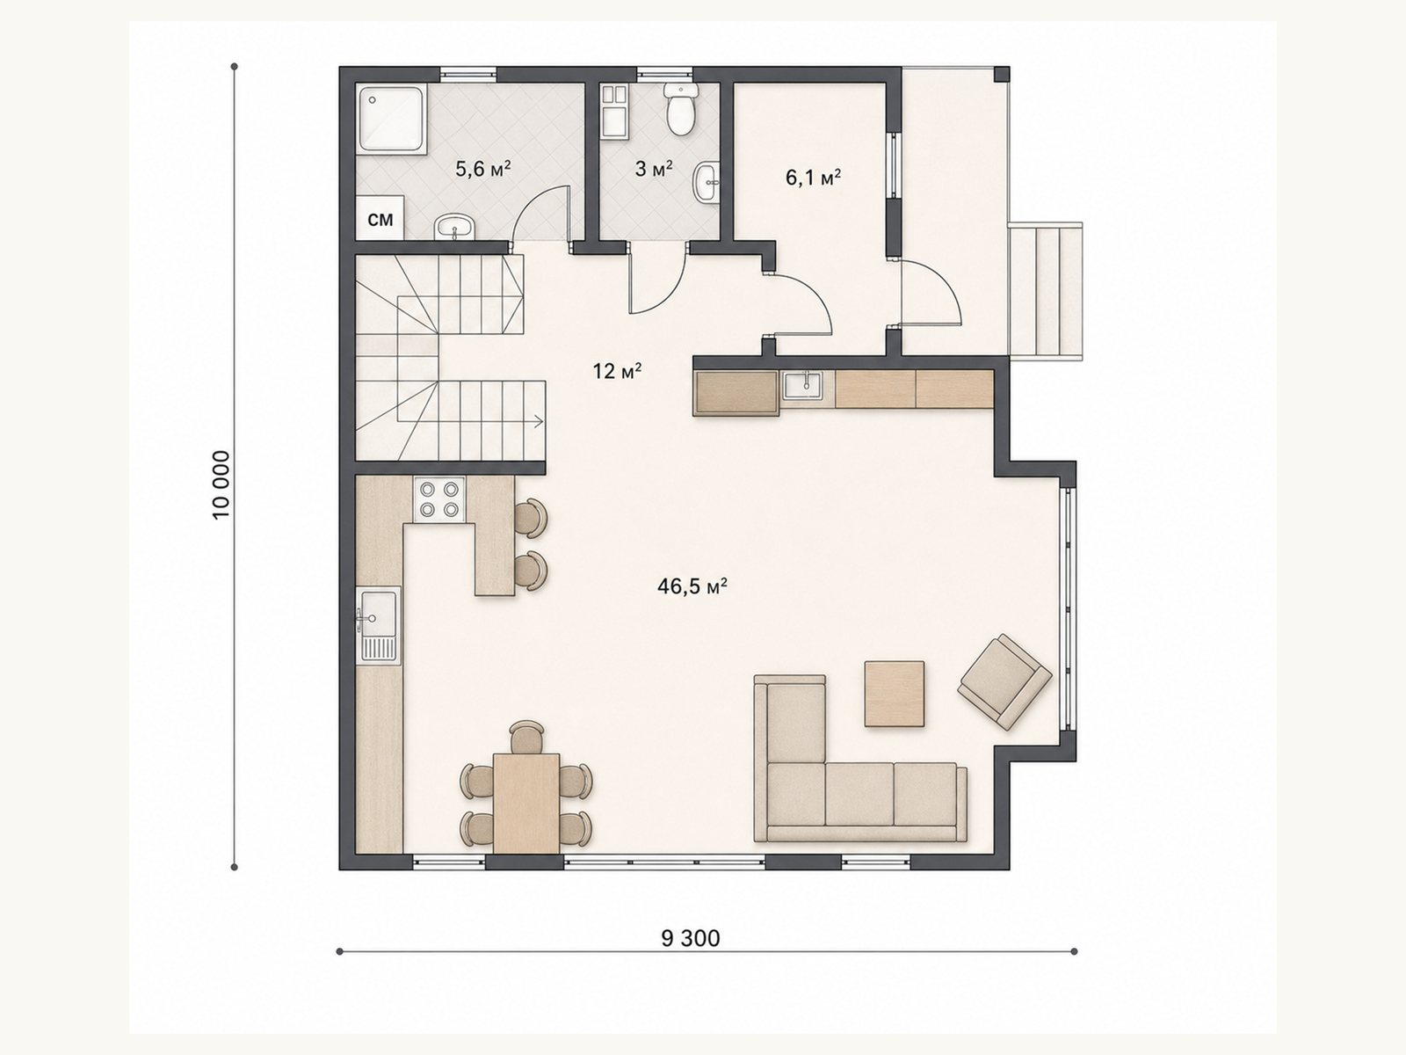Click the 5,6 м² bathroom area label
pyautogui.click(x=483, y=169)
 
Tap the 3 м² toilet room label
pyautogui.click(x=654, y=169)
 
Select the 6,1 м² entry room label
pyautogui.click(x=814, y=178)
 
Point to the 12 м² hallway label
pyautogui.click(x=617, y=371)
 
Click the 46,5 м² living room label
pyautogui.click(x=692, y=586)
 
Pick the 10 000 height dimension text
pyautogui.click(x=221, y=485)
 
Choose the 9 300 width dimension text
pyautogui.click(x=691, y=938)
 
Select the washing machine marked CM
pyautogui.click(x=380, y=218)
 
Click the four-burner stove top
pyautogui.click(x=439, y=499)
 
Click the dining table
pyautogui.click(x=526, y=804)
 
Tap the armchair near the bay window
pyautogui.click(x=1004, y=682)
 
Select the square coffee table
pyautogui.click(x=895, y=694)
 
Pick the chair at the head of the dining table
pyautogui.click(x=526, y=738)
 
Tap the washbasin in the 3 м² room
pyautogui.click(x=707, y=183)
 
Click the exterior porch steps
pyautogui.click(x=1046, y=291)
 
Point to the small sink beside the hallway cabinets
pyautogui.click(x=802, y=386)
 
